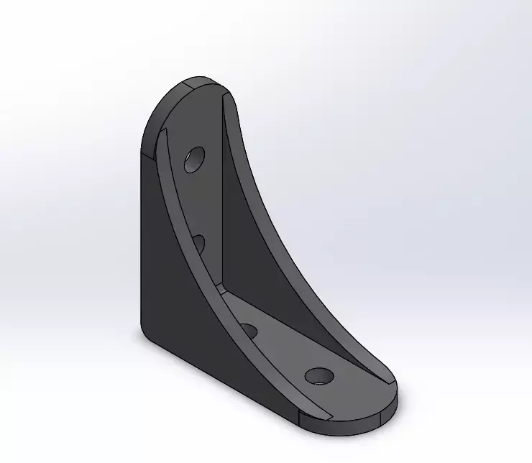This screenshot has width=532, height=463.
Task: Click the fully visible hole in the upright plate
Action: [x=194, y=160]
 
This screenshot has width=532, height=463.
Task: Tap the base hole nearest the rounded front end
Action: [x=318, y=376]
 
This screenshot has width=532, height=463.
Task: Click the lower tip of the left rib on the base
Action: [x=316, y=417]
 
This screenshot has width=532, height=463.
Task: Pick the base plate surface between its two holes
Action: [x=284, y=352]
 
